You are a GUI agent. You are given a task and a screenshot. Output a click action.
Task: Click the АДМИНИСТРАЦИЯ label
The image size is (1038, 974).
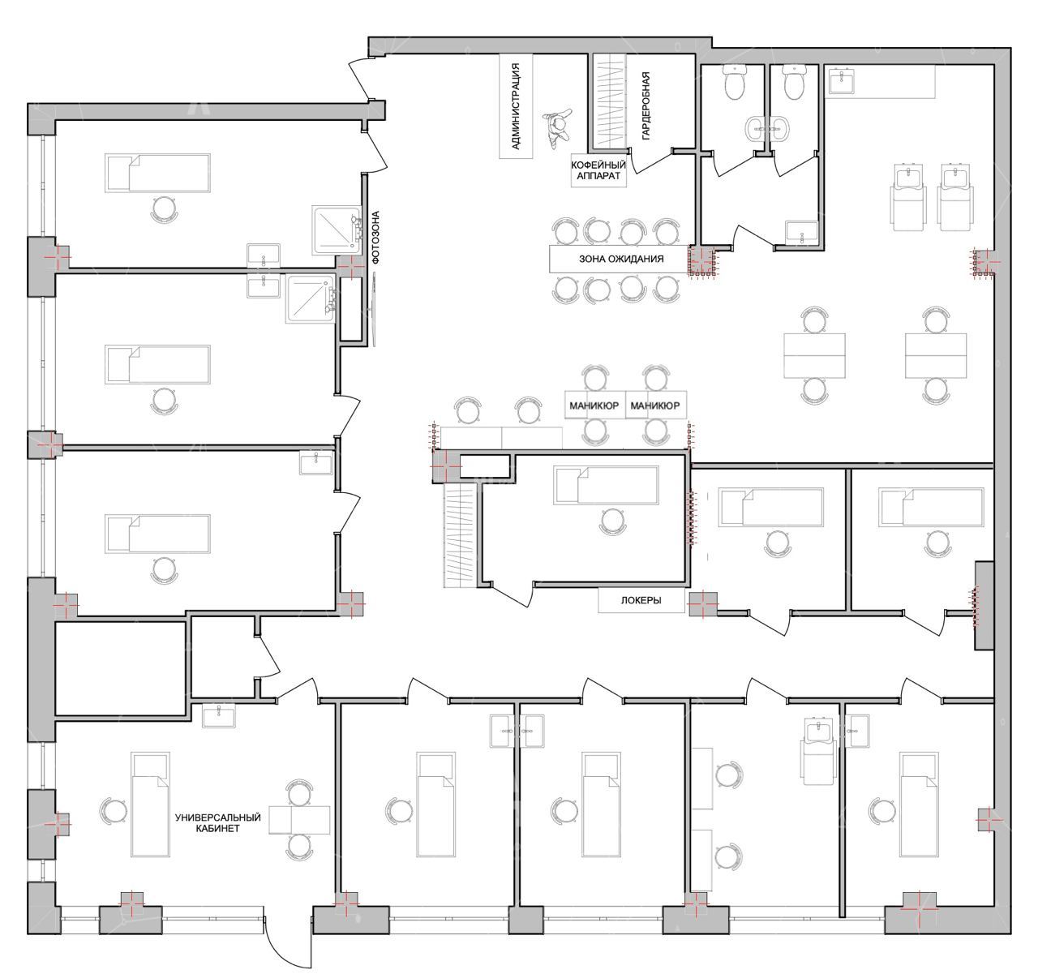point(516,107)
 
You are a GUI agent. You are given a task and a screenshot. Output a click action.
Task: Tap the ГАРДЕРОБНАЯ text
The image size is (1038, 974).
point(646,106)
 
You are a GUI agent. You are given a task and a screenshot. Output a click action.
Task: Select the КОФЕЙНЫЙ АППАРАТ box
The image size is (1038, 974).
point(598,170)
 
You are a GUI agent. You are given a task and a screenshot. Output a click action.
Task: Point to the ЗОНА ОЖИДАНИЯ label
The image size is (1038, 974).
point(621,259)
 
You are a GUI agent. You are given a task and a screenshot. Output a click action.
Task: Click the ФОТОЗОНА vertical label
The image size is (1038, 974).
point(376,237)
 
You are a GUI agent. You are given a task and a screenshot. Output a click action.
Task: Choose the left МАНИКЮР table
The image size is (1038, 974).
point(594,405)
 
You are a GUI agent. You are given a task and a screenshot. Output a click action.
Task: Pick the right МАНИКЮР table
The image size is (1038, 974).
point(655,405)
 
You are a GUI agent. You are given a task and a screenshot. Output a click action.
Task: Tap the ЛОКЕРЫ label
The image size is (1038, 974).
point(641,600)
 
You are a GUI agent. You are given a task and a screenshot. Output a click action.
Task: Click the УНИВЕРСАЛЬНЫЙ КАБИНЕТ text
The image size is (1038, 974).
point(217,822)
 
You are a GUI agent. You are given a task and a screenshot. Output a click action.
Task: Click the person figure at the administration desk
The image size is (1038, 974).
point(558,128)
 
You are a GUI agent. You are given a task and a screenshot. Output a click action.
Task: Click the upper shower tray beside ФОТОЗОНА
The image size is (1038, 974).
point(337,230)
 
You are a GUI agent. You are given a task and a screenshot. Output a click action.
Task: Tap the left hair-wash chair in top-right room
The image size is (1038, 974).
point(909,197)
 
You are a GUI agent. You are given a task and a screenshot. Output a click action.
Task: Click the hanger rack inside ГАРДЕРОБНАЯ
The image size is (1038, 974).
point(611,101)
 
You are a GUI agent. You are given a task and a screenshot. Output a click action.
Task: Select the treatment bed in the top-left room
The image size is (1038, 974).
point(157,173)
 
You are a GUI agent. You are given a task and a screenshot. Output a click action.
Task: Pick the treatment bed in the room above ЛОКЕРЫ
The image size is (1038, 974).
point(606,486)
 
